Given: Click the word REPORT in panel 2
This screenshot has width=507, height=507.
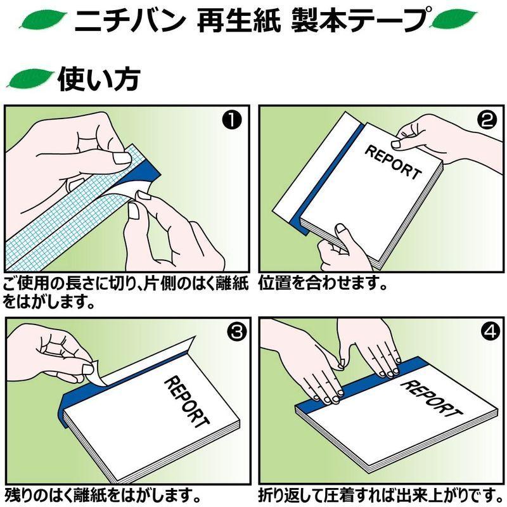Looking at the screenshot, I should (392, 162).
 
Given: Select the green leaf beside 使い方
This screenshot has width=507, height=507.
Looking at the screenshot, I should (29, 79).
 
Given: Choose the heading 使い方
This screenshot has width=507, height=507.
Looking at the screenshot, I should (98, 79).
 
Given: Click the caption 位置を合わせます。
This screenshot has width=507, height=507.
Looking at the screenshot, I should (323, 283).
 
